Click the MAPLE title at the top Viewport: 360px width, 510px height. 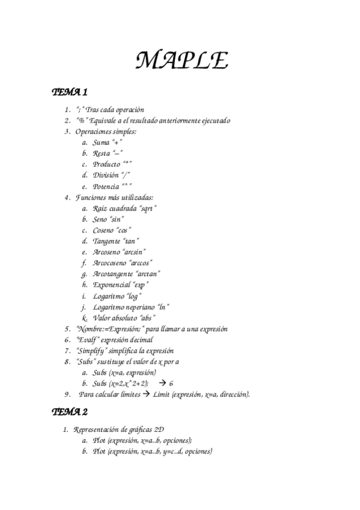[x=181, y=60]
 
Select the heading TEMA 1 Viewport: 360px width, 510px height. [x=70, y=93]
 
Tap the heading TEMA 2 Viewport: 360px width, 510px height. [x=70, y=412]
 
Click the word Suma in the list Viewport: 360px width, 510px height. [x=101, y=143]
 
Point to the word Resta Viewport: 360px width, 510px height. [x=102, y=153]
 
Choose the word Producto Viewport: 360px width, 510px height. [x=106, y=164]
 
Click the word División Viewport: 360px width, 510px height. [x=106, y=175]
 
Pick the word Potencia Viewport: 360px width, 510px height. [x=106, y=186]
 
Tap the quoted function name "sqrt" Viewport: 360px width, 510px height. [x=148, y=208]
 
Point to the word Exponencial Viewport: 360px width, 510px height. [x=111, y=284]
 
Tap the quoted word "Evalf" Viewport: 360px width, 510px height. [x=88, y=339]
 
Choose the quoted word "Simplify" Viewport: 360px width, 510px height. [x=92, y=350]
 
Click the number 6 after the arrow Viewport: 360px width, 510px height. [x=171, y=383]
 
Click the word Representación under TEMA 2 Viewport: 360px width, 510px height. [x=99, y=429]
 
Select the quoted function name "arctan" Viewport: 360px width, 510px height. [x=148, y=274]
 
